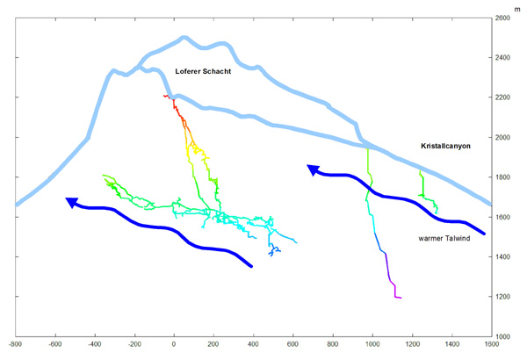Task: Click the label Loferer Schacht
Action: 203,71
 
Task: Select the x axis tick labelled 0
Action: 174,346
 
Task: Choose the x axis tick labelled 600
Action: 293,346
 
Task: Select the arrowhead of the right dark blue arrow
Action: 312,169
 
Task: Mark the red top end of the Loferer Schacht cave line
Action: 167,97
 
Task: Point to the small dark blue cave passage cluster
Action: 274,250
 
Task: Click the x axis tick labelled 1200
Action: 412,346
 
